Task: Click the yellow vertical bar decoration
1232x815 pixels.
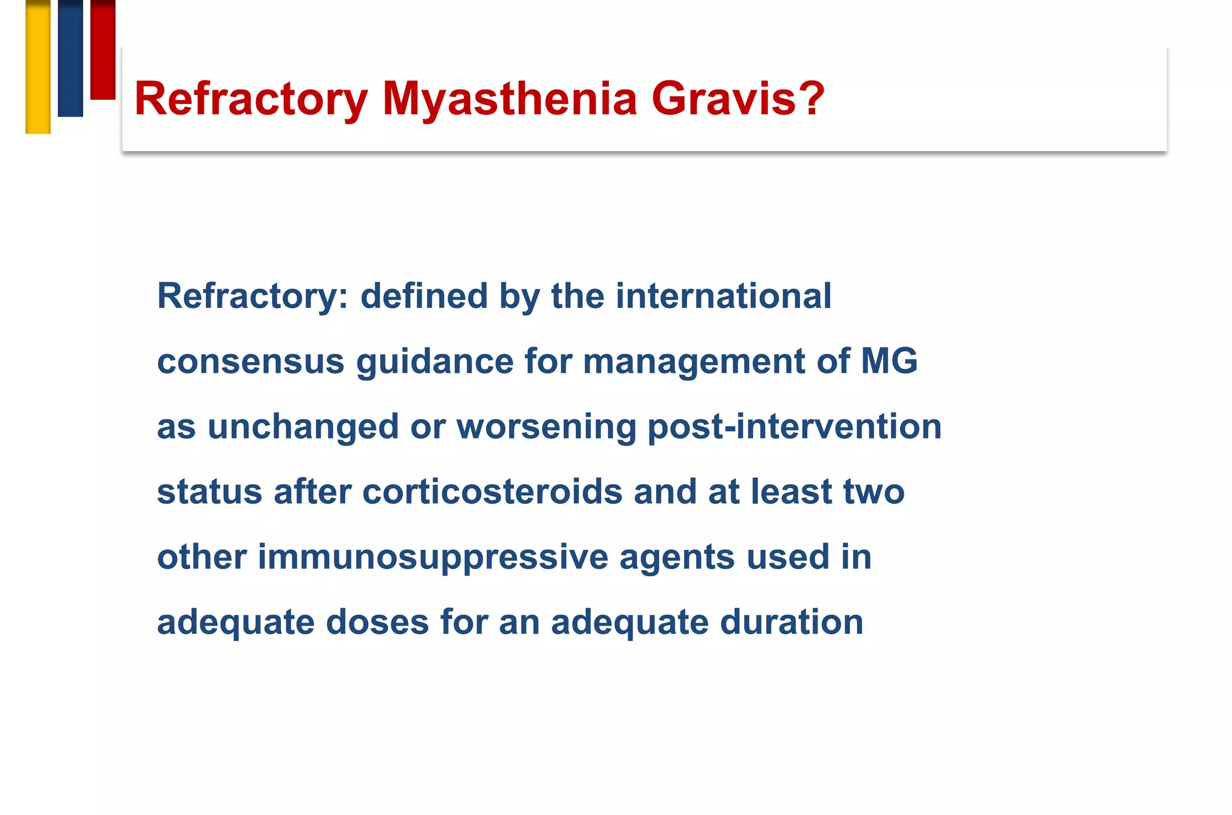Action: coord(38,66)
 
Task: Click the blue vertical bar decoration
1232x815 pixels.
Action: coord(70,58)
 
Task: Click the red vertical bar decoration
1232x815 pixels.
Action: coord(103,49)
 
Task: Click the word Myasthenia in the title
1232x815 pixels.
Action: coord(510,99)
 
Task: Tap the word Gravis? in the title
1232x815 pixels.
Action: coord(738,99)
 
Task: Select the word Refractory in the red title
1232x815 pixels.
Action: coord(251,99)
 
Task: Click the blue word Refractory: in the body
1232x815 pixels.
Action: coord(253,297)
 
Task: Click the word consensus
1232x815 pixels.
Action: coord(251,361)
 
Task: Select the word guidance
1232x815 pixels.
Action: coord(435,361)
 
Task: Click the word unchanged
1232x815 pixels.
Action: coord(303,426)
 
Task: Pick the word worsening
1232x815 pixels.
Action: coord(546,426)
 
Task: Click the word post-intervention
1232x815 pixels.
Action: coord(794,426)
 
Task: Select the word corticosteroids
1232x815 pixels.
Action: coord(492,491)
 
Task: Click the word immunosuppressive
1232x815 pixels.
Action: coord(433,557)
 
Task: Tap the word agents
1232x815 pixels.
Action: coord(677,557)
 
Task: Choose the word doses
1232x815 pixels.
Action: coord(377,622)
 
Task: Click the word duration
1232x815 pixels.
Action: coord(792,622)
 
